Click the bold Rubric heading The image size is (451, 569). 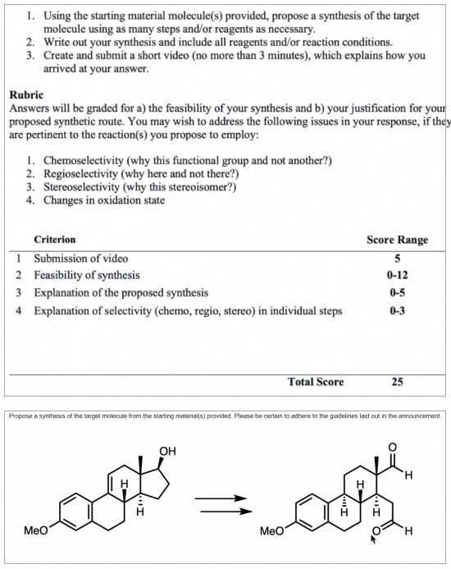(28, 94)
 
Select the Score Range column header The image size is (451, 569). (396, 240)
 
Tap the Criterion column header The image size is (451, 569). (55, 240)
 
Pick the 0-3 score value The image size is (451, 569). (397, 310)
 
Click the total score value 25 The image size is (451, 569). (397, 382)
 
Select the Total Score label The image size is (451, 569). (316, 382)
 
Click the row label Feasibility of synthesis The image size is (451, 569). (86, 275)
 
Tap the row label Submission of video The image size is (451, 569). (80, 258)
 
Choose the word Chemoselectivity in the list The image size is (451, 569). (89, 160)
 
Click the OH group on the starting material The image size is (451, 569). (168, 450)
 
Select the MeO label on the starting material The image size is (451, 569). (36, 530)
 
